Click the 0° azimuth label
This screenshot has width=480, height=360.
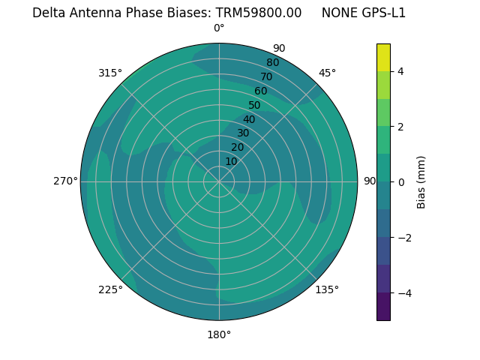point(219,28)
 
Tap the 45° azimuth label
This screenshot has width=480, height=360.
point(327,73)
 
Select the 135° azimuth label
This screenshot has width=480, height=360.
point(327,289)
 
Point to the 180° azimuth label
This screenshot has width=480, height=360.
point(219,334)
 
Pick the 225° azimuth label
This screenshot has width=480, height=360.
point(110,289)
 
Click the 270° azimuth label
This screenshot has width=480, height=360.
point(65,181)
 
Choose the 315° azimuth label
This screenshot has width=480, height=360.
point(110,73)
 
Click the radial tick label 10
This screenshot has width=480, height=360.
point(231,161)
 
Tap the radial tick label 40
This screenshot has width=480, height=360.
point(249,119)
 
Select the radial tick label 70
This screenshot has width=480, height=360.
point(266,76)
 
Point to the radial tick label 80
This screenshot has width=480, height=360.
point(272,62)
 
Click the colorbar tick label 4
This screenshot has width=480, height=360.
point(400,71)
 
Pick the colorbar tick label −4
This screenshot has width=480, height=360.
point(400,292)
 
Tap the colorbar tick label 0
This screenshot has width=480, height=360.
point(400,182)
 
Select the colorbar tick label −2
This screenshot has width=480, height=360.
point(400,238)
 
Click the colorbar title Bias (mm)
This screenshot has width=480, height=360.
point(421,182)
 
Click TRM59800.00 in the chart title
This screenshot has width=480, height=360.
point(259,13)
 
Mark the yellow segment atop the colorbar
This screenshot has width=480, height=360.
point(383,57)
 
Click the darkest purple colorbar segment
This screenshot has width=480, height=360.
point(383,306)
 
